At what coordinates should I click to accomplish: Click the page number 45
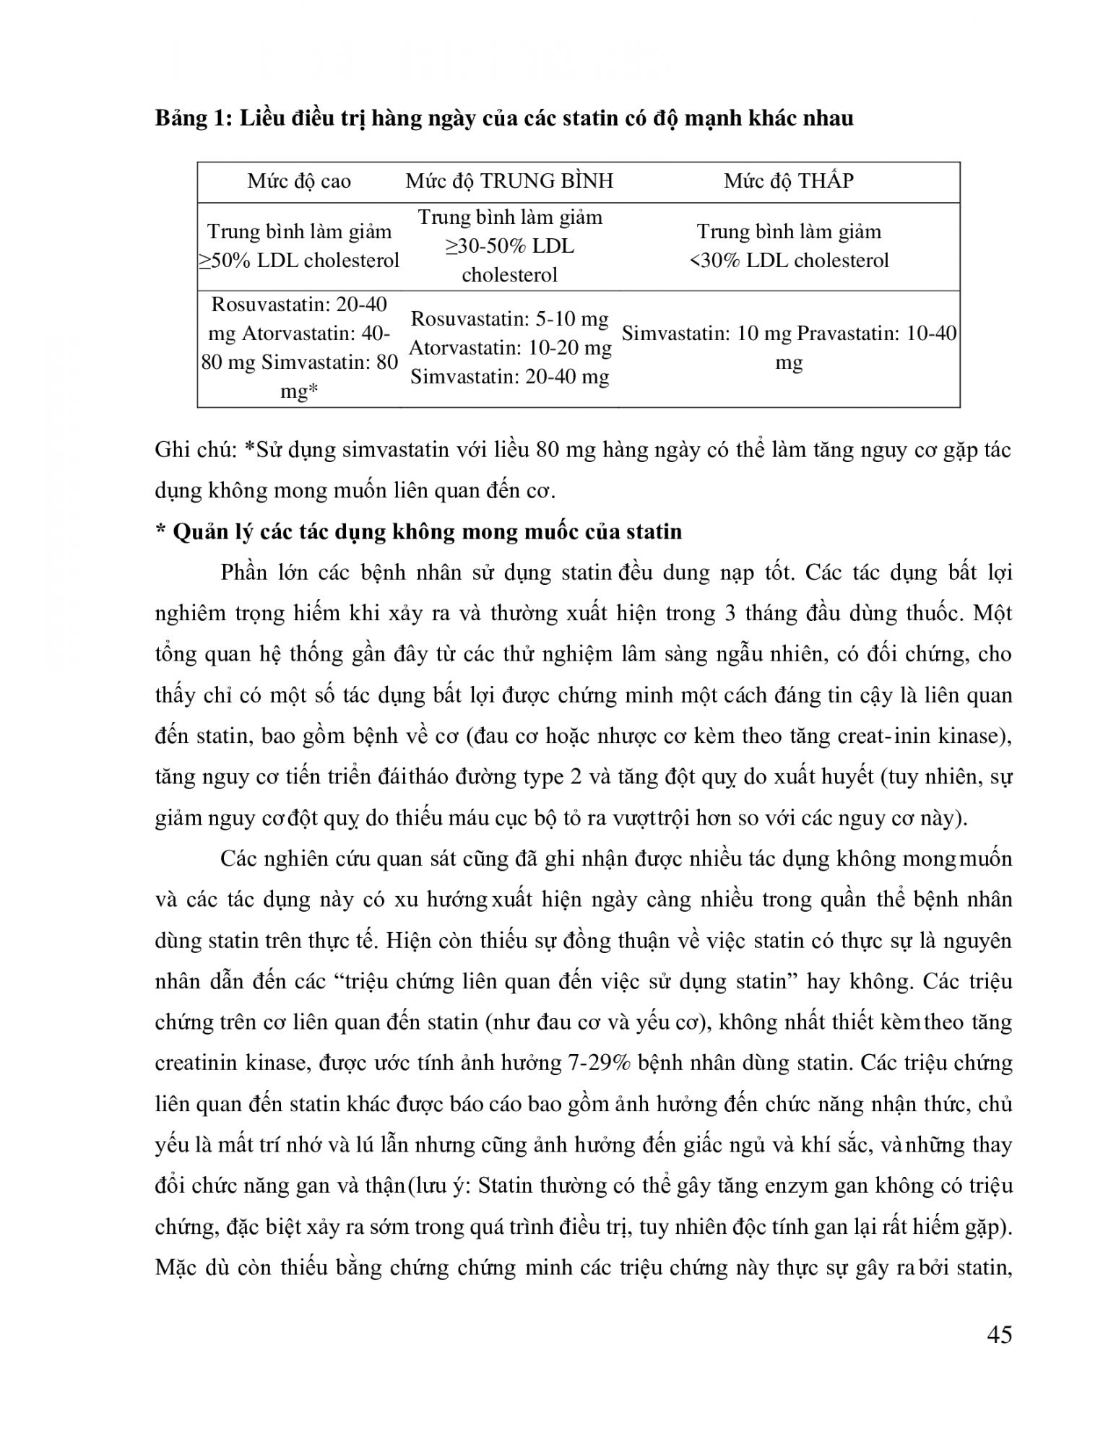click(998, 1334)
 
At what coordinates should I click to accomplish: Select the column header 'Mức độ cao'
click(299, 180)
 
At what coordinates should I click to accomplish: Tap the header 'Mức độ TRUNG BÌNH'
click(509, 180)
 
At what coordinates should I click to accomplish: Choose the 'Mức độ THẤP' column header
click(789, 180)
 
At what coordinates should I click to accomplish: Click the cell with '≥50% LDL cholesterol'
click(299, 246)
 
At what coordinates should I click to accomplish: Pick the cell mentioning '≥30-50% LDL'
click(509, 246)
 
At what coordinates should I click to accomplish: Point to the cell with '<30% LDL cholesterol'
click(789, 246)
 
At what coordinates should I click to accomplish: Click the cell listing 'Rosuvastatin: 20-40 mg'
click(299, 347)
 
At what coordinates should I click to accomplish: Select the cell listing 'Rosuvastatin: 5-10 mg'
click(509, 347)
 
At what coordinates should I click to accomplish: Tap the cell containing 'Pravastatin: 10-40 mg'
click(789, 347)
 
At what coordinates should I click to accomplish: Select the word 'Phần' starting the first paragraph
click(245, 573)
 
